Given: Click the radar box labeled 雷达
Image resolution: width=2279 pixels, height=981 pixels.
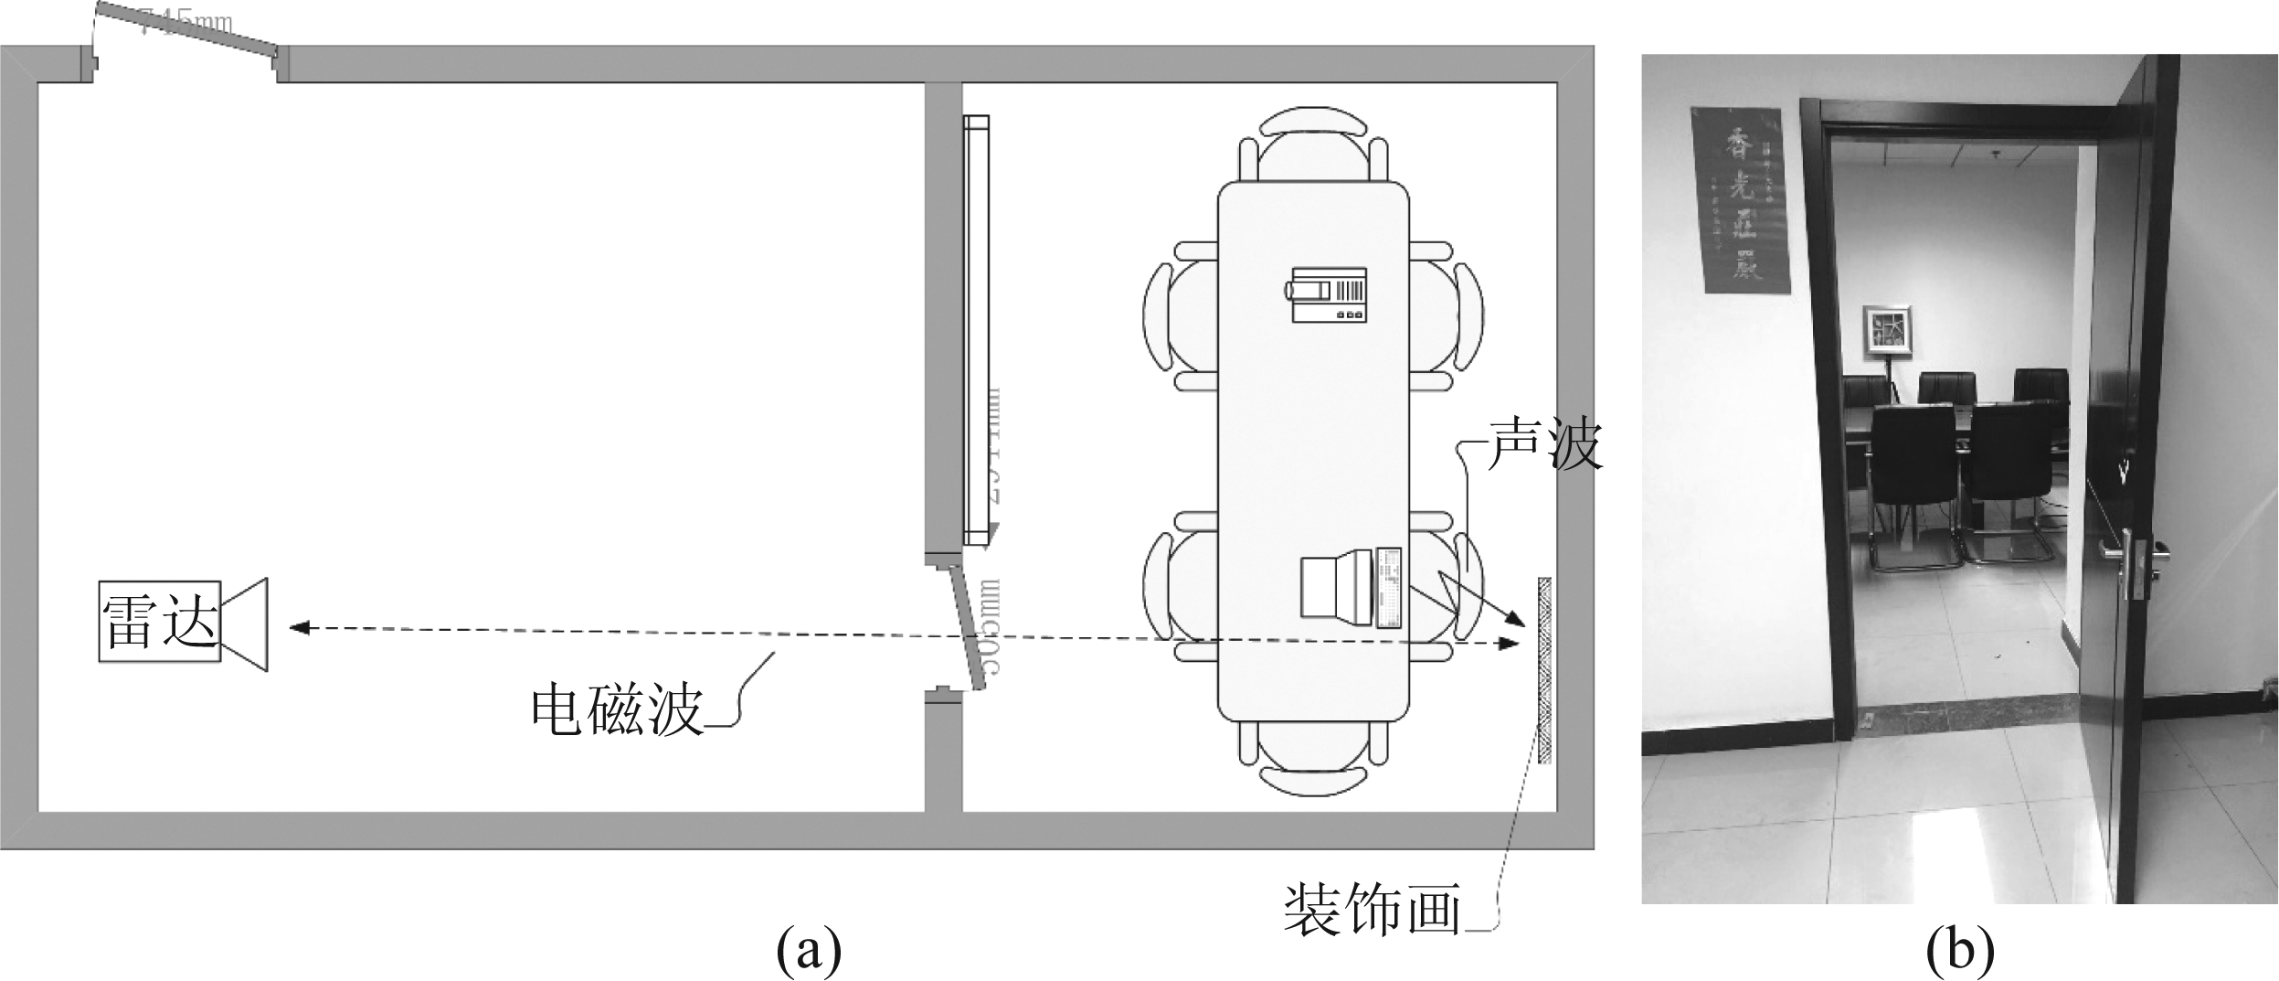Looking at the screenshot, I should (x=160, y=621).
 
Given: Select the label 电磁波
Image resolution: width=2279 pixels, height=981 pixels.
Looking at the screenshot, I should (x=617, y=712).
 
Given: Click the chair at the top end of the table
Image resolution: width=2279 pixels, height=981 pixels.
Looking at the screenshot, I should (x=1313, y=145).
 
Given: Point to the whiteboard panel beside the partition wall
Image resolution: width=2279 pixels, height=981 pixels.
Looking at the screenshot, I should (x=976, y=329).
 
